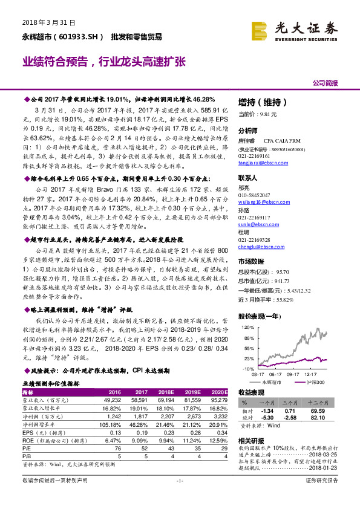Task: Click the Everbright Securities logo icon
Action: tap(260, 29)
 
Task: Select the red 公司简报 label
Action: tap(326, 83)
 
